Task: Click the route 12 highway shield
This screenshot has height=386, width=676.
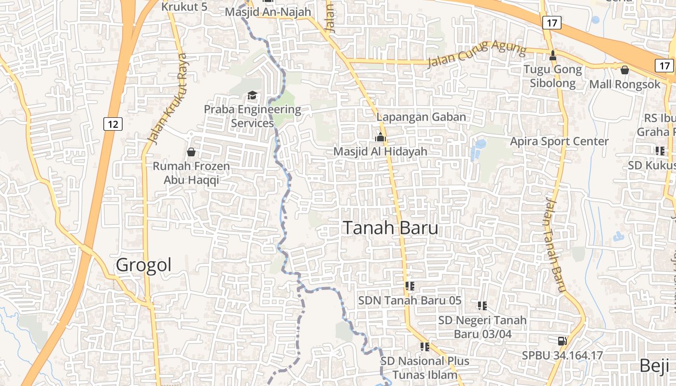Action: point(113,124)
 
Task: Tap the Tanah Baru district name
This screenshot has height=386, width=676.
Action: point(390,228)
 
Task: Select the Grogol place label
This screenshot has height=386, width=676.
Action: point(144,265)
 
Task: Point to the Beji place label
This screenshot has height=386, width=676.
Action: point(654,365)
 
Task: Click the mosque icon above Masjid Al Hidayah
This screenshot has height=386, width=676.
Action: point(380,138)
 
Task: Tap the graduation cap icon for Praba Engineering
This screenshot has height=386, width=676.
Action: point(252,95)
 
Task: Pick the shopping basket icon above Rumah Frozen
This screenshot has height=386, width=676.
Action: point(191,152)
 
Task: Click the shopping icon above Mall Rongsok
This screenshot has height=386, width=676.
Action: point(624,70)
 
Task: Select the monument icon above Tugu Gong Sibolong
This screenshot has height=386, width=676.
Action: point(553,55)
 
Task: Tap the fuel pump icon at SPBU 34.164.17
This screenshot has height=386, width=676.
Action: point(562,341)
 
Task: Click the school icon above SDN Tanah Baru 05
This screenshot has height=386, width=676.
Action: point(410,286)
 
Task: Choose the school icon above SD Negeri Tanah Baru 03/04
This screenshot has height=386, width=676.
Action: point(482,305)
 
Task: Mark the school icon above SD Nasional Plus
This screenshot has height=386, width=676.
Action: point(424,346)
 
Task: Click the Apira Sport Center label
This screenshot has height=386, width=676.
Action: point(559,141)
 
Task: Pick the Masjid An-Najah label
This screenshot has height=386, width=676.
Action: point(268,12)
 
